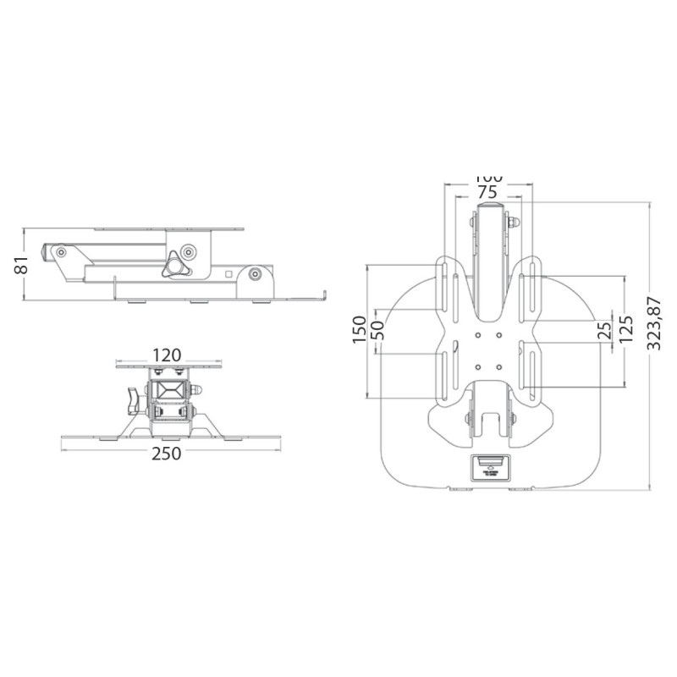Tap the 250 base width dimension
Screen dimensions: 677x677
[167, 454]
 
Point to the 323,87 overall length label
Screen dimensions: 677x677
[653, 322]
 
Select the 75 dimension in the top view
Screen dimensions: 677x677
[487, 191]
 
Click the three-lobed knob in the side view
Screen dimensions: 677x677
[177, 266]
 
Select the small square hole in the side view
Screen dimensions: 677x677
[228, 272]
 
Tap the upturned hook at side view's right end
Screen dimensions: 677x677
[322, 295]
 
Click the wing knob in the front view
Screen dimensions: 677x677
[130, 401]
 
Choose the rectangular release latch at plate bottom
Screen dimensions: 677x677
[487, 466]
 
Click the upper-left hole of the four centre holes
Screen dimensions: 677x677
[478, 334]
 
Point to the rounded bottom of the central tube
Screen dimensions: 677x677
[487, 311]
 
